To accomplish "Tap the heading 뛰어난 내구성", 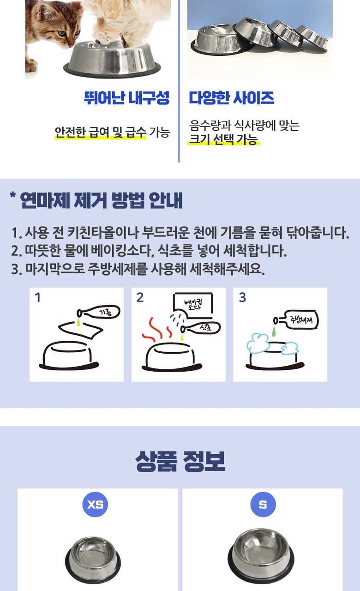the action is point(127,98).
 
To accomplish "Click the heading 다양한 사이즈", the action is point(232,98).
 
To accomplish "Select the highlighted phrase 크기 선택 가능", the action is point(223,139).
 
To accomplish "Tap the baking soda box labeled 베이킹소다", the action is point(193,306).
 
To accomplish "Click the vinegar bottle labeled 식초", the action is point(200,328).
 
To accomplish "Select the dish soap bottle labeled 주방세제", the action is point(296,320).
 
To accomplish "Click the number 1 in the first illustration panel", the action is point(37,297).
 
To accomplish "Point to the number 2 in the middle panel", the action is point(140,297).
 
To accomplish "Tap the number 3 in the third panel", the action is point(242,297).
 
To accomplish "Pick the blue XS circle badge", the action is point(95,505).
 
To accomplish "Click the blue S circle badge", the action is point(263,505).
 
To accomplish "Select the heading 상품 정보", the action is point(180,461).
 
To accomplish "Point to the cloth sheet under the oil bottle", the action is point(80,330).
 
